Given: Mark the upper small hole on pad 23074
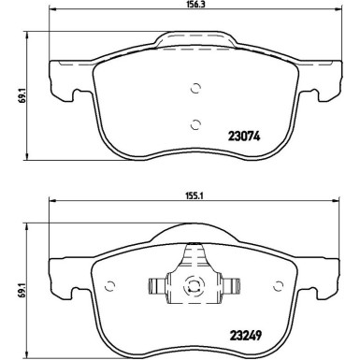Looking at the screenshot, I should (195, 89).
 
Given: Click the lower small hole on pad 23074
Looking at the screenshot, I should (194, 123).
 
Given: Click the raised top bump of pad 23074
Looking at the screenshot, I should (194, 40).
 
